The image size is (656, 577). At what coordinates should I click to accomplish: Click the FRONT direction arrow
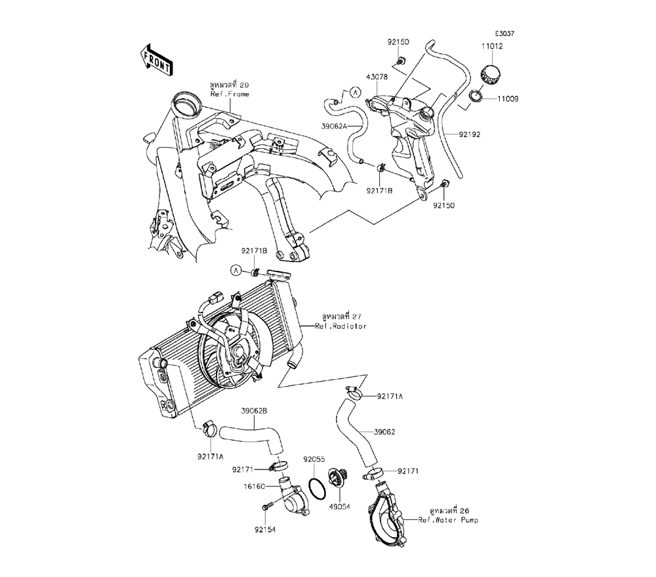(x=157, y=58)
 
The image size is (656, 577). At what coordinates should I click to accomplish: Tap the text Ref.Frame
(x=229, y=94)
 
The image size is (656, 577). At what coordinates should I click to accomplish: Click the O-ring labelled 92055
(x=316, y=488)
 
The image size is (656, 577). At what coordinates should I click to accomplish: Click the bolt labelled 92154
(x=267, y=507)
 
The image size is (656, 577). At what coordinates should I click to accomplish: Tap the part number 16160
(x=255, y=487)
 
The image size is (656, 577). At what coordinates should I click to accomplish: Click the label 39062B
(x=254, y=411)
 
